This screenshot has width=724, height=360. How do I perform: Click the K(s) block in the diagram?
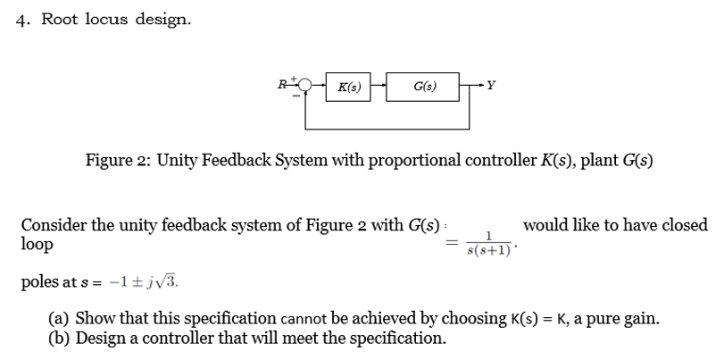[x=346, y=87]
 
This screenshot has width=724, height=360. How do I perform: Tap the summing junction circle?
[x=306, y=87]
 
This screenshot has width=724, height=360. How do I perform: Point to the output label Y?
[x=490, y=87]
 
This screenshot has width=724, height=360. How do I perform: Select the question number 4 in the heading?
[x=21, y=21]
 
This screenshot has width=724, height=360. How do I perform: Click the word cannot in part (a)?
[x=306, y=319]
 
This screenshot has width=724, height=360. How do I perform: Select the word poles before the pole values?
[x=39, y=283]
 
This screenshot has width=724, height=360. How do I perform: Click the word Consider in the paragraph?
[x=54, y=225]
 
